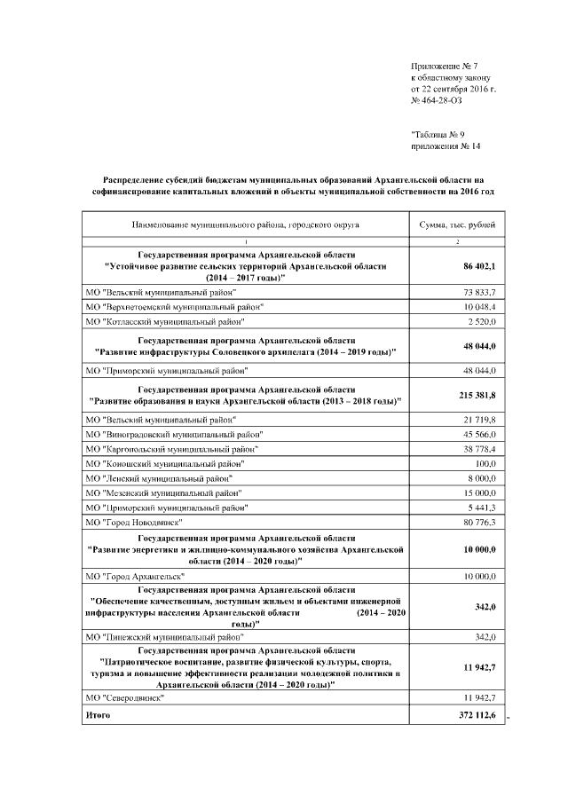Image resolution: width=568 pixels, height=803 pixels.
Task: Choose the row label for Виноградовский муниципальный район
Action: pos(175,435)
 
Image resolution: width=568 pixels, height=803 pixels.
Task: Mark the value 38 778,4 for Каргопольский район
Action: pos(477,449)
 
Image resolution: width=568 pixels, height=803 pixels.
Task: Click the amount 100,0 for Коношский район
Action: pos(485,464)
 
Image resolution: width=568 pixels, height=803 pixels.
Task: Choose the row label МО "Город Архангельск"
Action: pos(134,578)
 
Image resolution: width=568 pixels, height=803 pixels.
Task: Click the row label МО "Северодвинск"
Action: pos(127,699)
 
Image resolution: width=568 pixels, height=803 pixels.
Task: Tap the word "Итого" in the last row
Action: pos(99,714)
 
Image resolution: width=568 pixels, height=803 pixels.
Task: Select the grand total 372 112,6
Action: pos(477,715)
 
